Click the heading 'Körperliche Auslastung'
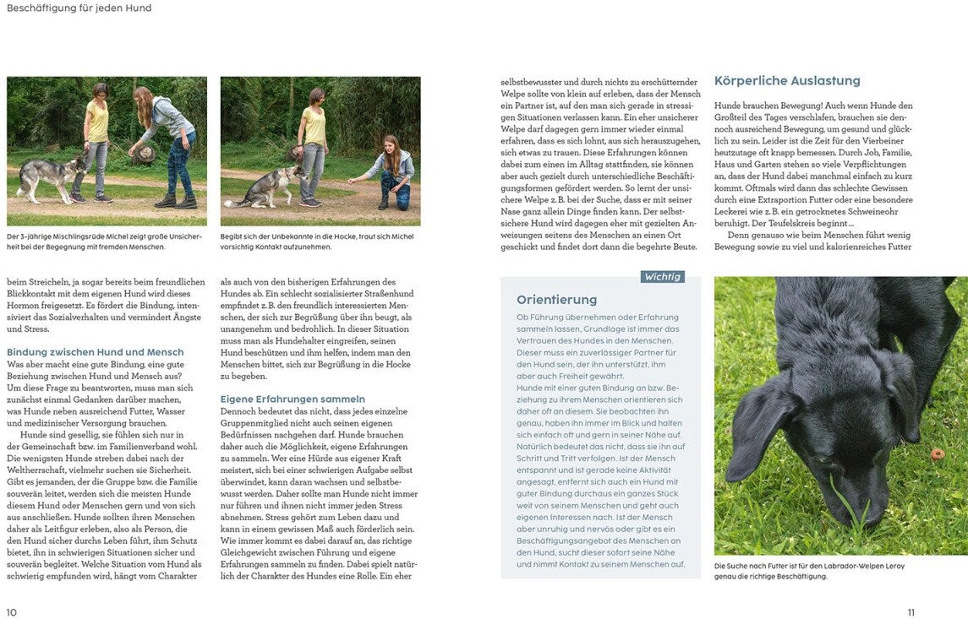pyautogui.click(x=787, y=81)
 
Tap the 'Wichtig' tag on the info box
pyautogui.click(x=662, y=277)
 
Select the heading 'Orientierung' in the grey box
pyautogui.click(x=556, y=300)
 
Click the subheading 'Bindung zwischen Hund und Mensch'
pyautogui.click(x=95, y=351)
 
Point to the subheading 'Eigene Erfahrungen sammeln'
pyautogui.click(x=293, y=399)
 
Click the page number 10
pyautogui.click(x=11, y=612)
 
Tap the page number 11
pyautogui.click(x=910, y=612)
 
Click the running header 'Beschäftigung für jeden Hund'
pyautogui.click(x=79, y=8)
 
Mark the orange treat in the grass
pyautogui.click(x=936, y=454)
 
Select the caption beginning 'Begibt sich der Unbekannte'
pyautogui.click(x=316, y=242)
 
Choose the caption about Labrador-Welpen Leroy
pyautogui.click(x=809, y=571)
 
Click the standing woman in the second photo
pyautogui.click(x=314, y=144)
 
